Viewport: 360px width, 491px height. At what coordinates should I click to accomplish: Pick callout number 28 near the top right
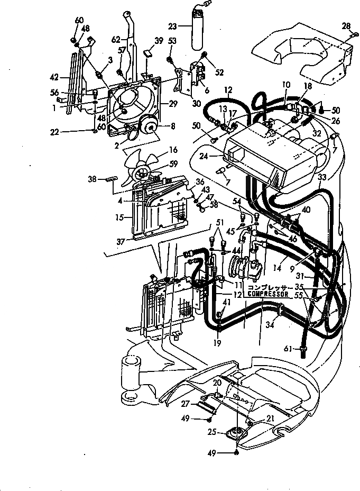coord(346,26)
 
